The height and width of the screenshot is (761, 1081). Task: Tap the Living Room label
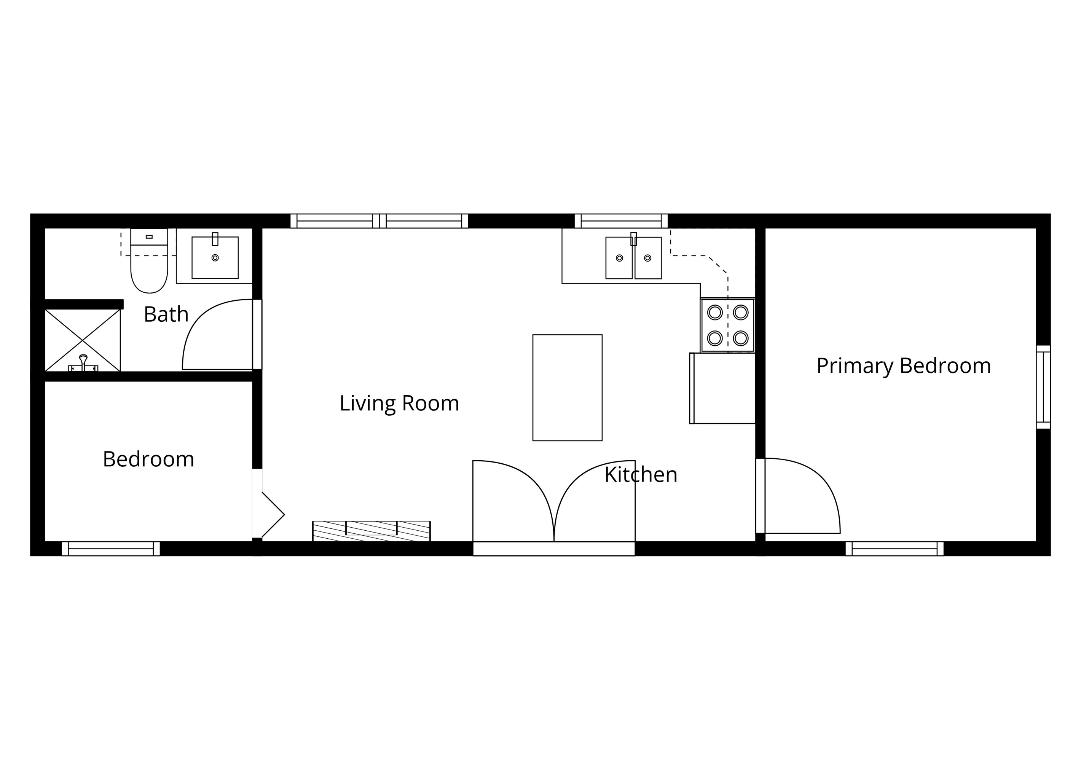[x=399, y=403]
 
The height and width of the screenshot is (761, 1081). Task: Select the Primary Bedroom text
[x=903, y=365]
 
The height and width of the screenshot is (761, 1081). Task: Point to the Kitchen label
[x=640, y=474]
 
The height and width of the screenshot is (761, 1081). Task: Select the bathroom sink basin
[x=215, y=258]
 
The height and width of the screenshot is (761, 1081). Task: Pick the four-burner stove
[x=727, y=325]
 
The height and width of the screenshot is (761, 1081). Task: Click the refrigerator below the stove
[x=723, y=388]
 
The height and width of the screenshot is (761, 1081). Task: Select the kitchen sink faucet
[x=633, y=239]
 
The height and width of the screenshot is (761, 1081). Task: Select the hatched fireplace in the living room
[x=371, y=531]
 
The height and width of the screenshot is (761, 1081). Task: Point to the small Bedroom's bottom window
[x=111, y=549]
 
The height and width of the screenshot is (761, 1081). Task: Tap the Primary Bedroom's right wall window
[x=1043, y=387]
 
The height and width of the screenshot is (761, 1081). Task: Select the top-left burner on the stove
[x=715, y=312]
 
